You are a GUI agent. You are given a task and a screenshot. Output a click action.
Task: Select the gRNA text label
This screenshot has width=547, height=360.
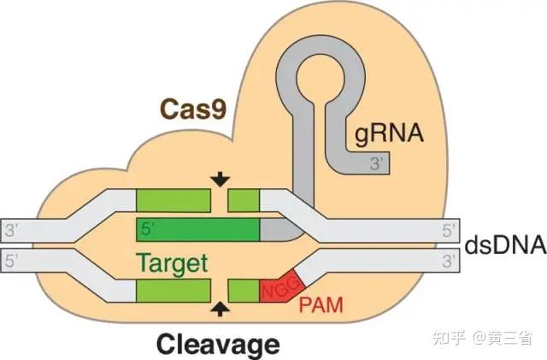388,133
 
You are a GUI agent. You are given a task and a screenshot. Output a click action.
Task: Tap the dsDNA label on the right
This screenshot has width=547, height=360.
505,245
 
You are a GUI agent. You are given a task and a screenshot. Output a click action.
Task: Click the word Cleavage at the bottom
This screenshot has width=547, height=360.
218,344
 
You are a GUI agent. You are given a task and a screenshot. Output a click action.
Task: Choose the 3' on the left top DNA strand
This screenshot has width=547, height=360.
11,230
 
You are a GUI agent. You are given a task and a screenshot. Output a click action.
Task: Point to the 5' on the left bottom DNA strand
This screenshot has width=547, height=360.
11,257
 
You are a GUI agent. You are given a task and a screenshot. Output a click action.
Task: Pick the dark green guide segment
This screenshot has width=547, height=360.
198,229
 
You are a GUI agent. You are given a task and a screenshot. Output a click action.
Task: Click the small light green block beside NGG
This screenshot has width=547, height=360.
244,289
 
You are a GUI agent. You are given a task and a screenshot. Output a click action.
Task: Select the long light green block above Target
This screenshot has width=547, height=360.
174,199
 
